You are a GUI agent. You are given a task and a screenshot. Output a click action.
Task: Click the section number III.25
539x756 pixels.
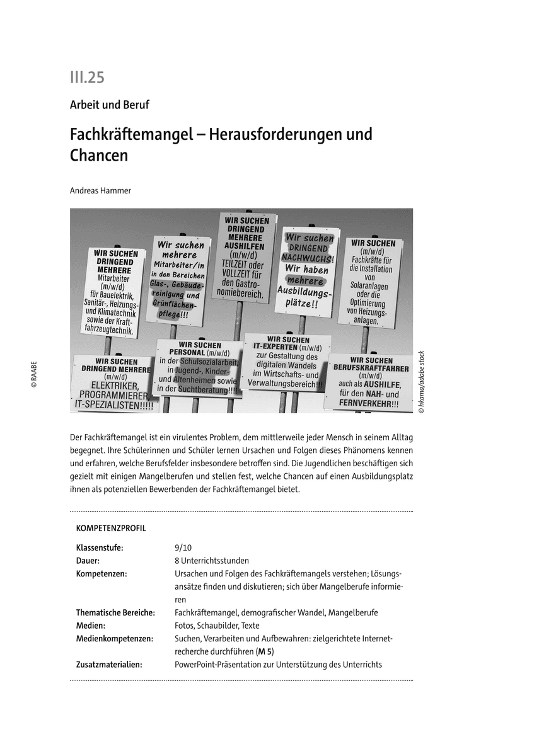87,77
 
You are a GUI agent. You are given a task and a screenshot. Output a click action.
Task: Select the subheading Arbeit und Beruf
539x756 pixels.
109,105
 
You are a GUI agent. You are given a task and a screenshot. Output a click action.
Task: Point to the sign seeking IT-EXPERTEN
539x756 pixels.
286,362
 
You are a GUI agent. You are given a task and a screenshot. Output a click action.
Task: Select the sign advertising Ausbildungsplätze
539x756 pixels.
308,271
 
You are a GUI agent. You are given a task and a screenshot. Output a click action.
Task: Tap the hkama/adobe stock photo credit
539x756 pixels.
421,382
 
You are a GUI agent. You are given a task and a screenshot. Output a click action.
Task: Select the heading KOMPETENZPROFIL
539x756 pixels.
110,528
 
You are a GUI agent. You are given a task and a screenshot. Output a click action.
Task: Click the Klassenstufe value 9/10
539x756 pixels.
183,547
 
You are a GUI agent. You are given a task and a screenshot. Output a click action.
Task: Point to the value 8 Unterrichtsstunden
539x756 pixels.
211,560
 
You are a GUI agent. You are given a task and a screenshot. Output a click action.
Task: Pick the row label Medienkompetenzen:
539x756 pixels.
114,639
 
